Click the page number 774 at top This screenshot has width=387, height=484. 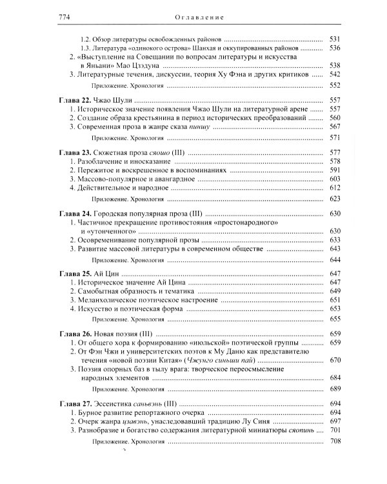48,16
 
